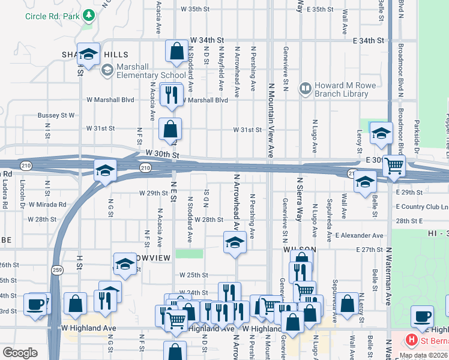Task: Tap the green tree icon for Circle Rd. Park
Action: [89, 14]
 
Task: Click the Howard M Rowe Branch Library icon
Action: [306, 89]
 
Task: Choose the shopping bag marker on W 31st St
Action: [170, 128]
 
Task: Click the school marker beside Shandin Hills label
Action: [88, 55]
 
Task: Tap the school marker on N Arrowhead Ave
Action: [235, 242]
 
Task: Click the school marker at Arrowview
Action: [125, 263]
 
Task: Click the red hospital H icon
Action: [411, 340]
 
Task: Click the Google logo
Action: [20, 353]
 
